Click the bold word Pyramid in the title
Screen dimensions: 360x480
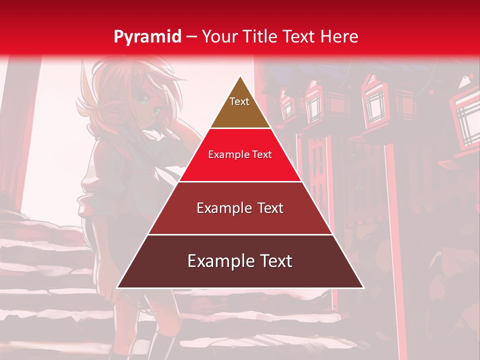pyautogui.click(x=147, y=36)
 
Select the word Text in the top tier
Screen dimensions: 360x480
pyautogui.click(x=239, y=101)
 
